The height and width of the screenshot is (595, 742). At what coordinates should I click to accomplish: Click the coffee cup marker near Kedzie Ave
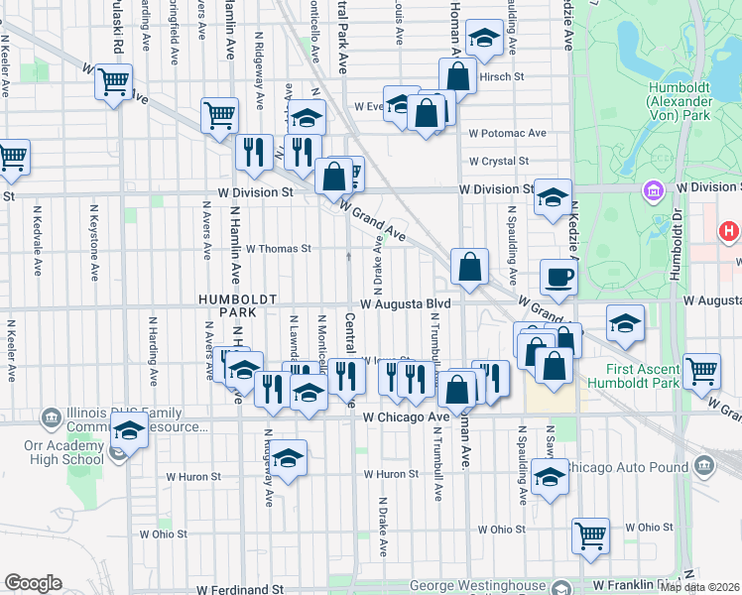(x=558, y=277)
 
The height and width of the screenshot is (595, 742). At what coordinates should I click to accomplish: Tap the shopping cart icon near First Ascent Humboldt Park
(x=701, y=371)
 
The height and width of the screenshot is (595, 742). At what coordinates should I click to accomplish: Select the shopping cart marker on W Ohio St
(x=590, y=535)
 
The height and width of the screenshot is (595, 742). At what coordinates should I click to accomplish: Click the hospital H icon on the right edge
(x=729, y=232)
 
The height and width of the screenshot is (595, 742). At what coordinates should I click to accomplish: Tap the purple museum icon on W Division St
(x=654, y=189)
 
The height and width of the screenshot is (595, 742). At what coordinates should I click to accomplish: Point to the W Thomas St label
(x=279, y=249)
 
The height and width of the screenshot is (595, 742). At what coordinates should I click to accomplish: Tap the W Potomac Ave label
(x=508, y=133)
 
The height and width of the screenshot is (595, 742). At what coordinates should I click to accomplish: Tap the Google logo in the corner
(x=33, y=583)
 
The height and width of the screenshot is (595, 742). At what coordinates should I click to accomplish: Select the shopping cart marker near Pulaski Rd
(x=114, y=79)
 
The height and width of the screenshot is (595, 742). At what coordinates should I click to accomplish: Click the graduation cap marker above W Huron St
(x=289, y=458)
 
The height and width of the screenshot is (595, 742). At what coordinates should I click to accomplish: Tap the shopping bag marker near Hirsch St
(x=458, y=74)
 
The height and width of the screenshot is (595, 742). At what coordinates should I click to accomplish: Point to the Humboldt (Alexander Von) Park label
(x=679, y=101)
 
